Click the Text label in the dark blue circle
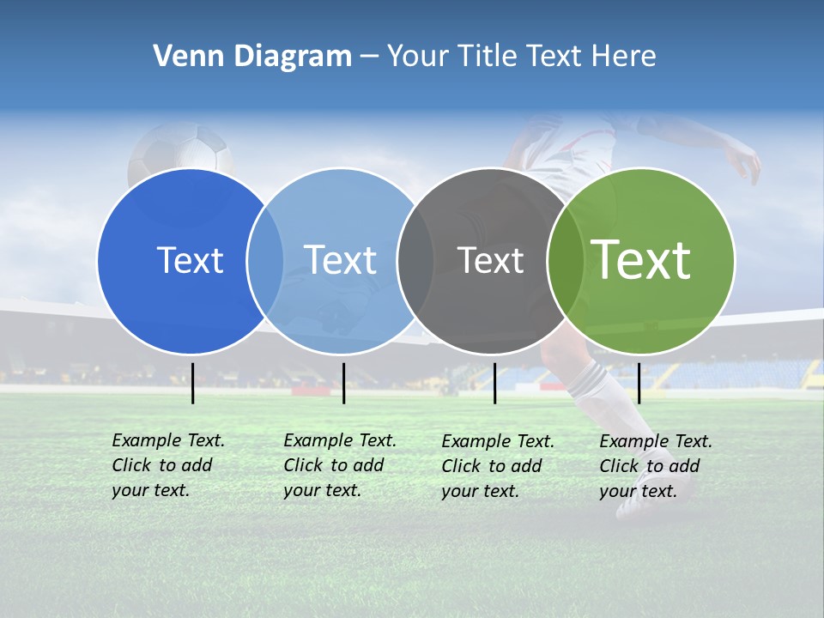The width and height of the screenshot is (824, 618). click(x=190, y=260)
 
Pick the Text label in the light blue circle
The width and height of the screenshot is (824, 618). click(x=340, y=260)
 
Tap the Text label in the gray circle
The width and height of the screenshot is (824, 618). click(x=490, y=260)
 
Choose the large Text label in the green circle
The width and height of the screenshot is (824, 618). click(x=641, y=259)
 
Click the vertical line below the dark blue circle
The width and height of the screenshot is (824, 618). click(x=193, y=383)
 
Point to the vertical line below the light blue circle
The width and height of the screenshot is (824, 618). click(x=343, y=383)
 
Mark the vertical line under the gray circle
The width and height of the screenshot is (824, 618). click(x=494, y=383)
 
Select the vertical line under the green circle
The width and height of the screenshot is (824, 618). click(x=639, y=383)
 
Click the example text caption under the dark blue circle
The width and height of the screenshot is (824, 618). click(x=167, y=465)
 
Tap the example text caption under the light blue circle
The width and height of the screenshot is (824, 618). click(x=339, y=465)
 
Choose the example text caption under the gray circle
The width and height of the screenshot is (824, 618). click(x=497, y=466)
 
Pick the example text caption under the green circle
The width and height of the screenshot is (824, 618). click(x=655, y=466)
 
